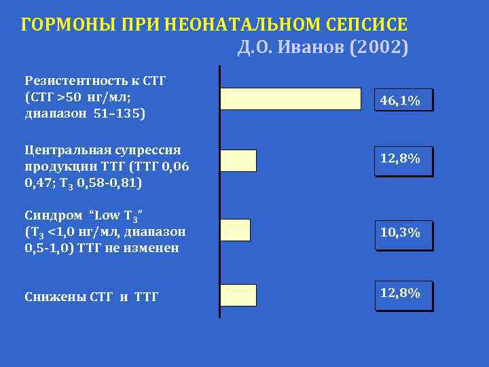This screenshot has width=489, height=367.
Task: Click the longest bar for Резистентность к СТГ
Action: [291, 99]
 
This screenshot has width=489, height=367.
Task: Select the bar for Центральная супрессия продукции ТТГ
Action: [239, 160]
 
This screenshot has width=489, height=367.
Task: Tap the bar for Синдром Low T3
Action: [236, 230]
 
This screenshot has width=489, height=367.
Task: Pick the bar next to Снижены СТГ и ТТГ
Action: [239, 295]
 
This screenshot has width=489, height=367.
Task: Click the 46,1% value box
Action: [403, 101]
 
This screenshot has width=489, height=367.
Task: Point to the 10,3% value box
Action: [403, 233]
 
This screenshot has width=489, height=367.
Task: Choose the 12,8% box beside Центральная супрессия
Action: [403, 160]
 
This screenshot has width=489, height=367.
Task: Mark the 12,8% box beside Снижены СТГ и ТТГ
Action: [403, 294]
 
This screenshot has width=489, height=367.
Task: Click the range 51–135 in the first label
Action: [116, 113]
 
